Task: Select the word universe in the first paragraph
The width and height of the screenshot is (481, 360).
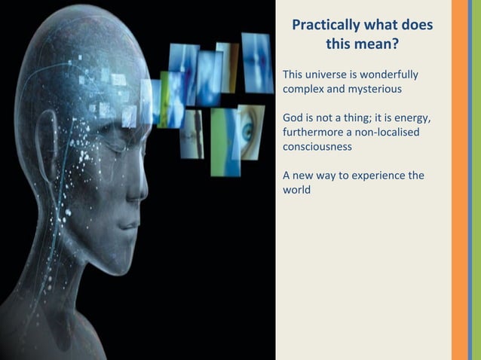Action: pyautogui.click(x=332, y=75)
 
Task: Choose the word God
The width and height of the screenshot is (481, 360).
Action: pyautogui.click(x=293, y=118)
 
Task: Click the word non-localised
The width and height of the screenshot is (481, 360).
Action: pyautogui.click(x=388, y=133)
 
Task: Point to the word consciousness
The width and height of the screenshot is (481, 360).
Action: pyautogui.click(x=317, y=147)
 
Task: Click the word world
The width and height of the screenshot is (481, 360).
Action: pyautogui.click(x=296, y=191)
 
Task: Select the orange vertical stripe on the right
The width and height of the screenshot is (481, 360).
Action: pyautogui.click(x=460, y=180)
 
